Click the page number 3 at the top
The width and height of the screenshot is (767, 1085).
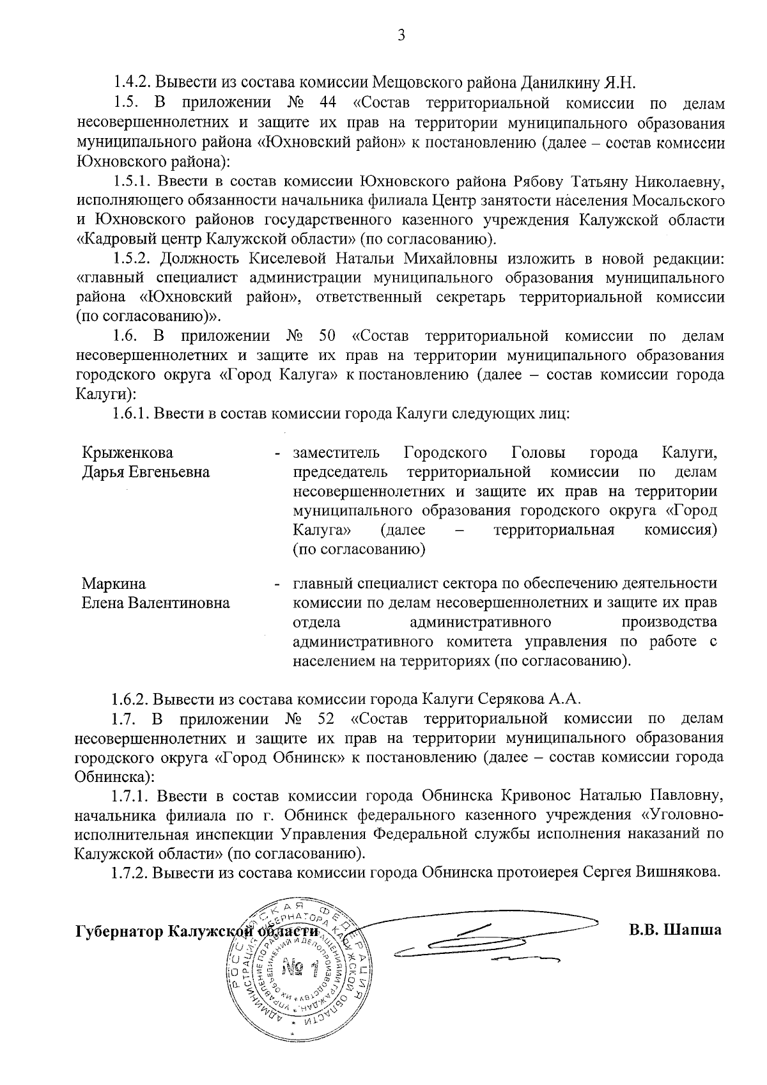pyautogui.click(x=401, y=36)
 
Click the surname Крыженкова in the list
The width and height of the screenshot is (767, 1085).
pyautogui.click(x=128, y=453)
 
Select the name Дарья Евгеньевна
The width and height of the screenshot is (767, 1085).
pyautogui.click(x=146, y=472)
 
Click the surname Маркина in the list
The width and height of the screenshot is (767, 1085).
pyautogui.click(x=114, y=583)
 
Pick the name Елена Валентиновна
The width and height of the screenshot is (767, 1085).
pyautogui.click(x=156, y=603)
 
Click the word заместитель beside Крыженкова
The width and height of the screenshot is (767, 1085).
pyautogui.click(x=336, y=453)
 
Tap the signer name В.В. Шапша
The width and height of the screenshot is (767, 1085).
pyautogui.click(x=675, y=929)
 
